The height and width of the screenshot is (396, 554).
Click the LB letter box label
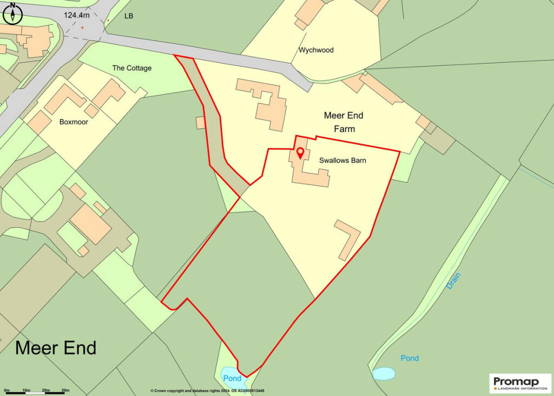tap(129, 16)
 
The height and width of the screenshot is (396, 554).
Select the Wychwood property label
tap(316, 50)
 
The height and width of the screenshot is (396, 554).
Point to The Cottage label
tap(131, 68)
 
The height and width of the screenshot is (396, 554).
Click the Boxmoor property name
tap(74, 122)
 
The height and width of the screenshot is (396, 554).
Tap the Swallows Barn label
tap(342, 161)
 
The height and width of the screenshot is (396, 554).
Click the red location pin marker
tap(300, 153)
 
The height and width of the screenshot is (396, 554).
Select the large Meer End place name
tap(56, 347)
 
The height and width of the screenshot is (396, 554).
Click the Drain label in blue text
tap(453, 280)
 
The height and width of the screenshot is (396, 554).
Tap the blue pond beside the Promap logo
tap(383, 373)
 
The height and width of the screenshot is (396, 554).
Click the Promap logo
tap(516, 382)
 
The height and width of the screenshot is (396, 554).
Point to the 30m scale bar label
tap(65, 390)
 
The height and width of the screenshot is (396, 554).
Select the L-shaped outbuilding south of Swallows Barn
tap(348, 239)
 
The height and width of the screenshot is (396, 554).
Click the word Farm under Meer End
tap(344, 129)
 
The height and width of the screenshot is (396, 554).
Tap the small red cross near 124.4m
tap(83, 27)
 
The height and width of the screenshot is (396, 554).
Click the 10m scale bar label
tap(26, 390)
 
